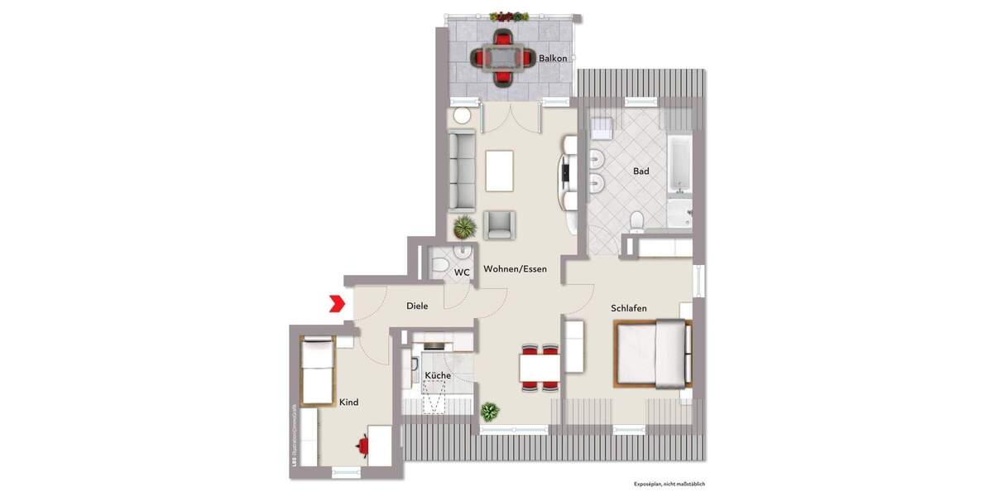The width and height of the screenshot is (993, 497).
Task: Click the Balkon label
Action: pos(553,58)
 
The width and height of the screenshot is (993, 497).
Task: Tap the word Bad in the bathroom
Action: pos(640,171)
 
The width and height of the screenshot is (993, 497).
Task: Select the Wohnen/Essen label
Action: pos(515,269)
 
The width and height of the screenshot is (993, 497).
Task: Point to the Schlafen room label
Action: pos(629,308)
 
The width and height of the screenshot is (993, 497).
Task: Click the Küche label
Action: pos(438,376)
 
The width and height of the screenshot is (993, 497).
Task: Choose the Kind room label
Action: pos(348,403)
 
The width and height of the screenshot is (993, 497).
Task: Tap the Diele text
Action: pos(417,306)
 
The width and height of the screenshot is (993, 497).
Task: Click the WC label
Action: pos(462,273)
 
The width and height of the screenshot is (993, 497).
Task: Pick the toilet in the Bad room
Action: pos(636,221)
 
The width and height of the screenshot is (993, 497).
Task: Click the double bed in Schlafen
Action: pos(652,354)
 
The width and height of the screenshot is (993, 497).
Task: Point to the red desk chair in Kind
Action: pos(362,446)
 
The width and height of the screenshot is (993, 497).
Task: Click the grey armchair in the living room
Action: pos(499,224)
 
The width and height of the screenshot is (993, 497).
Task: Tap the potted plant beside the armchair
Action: pos(464,226)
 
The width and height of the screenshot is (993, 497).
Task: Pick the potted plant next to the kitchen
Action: pos(489,410)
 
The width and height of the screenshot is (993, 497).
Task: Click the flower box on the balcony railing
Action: pos(509,16)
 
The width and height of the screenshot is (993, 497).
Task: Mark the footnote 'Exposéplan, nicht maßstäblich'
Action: pos(669,483)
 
